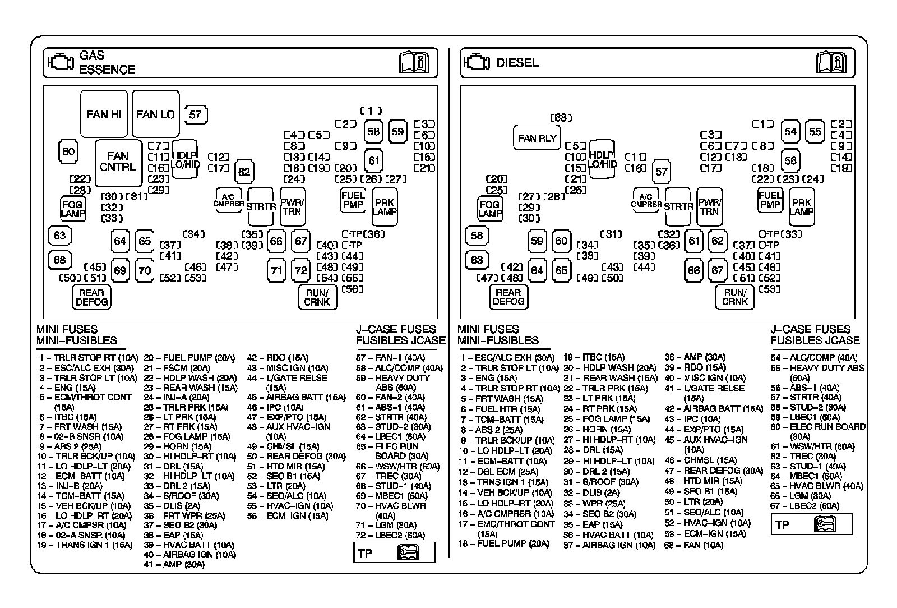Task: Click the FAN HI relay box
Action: (x=104, y=114)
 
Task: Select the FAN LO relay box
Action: (x=155, y=114)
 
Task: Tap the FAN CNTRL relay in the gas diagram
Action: (x=118, y=162)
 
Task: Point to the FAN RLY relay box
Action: (x=537, y=138)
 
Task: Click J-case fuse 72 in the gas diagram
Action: (x=301, y=270)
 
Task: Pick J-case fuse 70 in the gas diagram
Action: (x=145, y=270)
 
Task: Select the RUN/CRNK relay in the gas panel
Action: (x=317, y=297)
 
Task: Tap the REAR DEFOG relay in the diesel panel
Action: (x=508, y=297)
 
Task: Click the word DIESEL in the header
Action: (x=517, y=63)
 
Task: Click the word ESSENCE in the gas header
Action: (x=107, y=70)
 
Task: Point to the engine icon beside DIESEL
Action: (x=477, y=62)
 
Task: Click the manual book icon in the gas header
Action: (x=414, y=62)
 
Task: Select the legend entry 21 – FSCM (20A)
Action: (x=177, y=367)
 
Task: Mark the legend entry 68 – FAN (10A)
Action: (x=693, y=545)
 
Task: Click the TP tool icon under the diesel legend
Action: (x=824, y=524)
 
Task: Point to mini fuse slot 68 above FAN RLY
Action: (x=561, y=118)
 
